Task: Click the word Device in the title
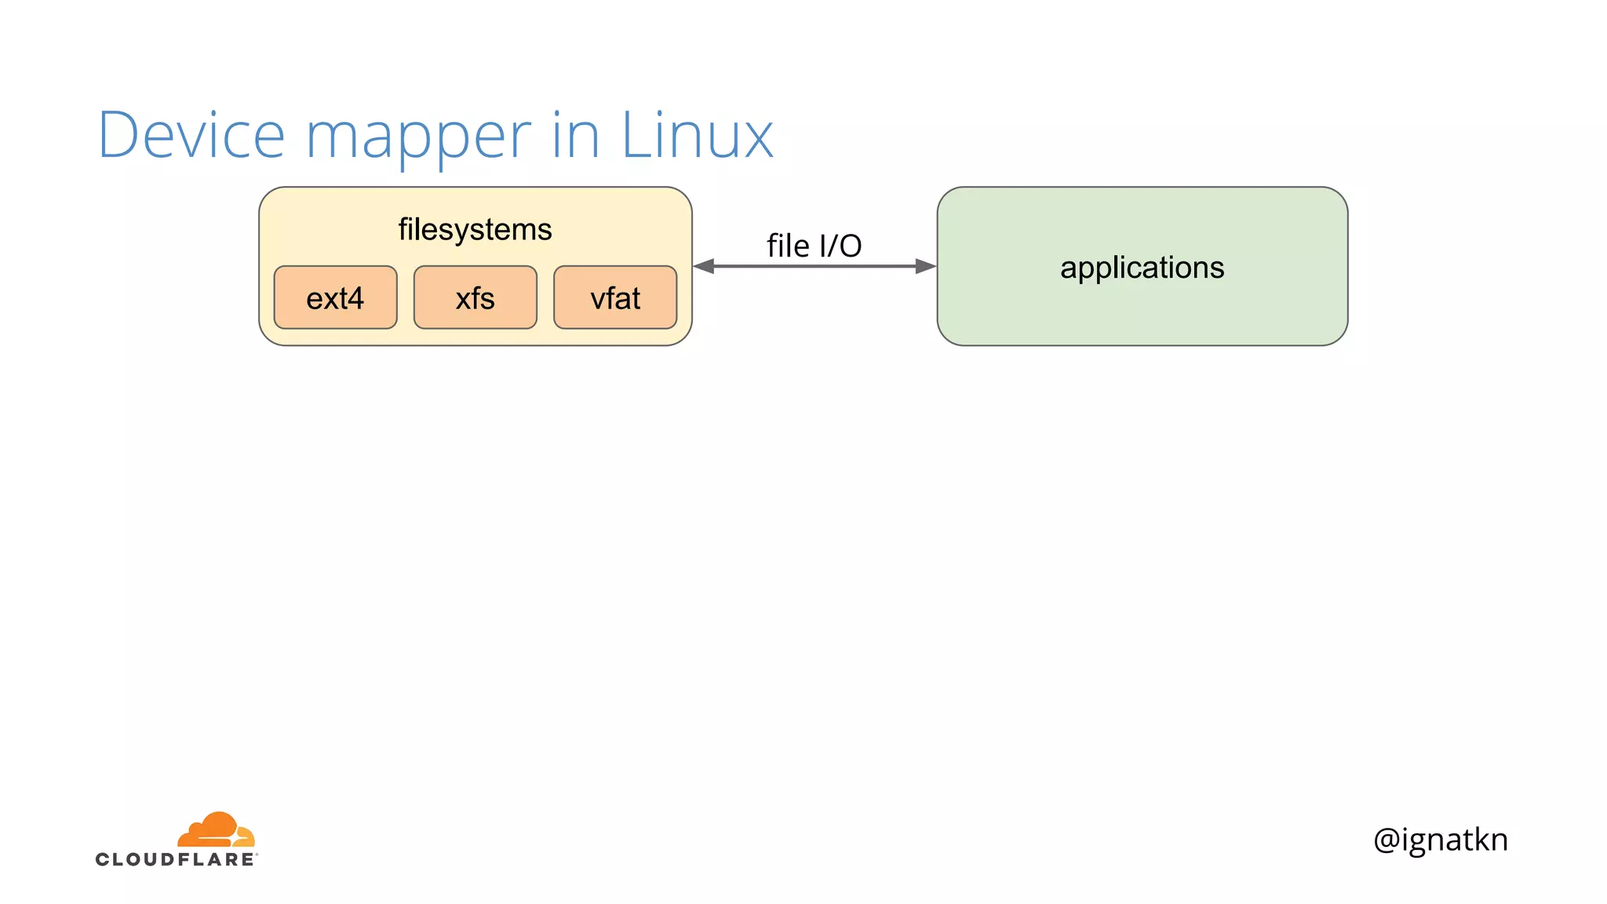(191, 135)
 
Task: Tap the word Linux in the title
(697, 135)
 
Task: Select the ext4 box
(335, 297)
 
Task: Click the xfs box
(475, 297)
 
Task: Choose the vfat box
(615, 297)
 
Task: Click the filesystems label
(475, 229)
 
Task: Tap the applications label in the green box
(1142, 268)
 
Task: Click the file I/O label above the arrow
(814, 246)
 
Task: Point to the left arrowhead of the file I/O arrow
(704, 266)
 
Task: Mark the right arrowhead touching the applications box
(926, 266)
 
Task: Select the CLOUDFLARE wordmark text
(175, 859)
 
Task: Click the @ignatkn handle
(1440, 840)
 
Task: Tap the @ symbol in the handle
(1387, 840)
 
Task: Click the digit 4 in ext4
(355, 298)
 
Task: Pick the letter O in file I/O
(850, 246)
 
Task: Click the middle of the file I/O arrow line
(814, 266)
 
